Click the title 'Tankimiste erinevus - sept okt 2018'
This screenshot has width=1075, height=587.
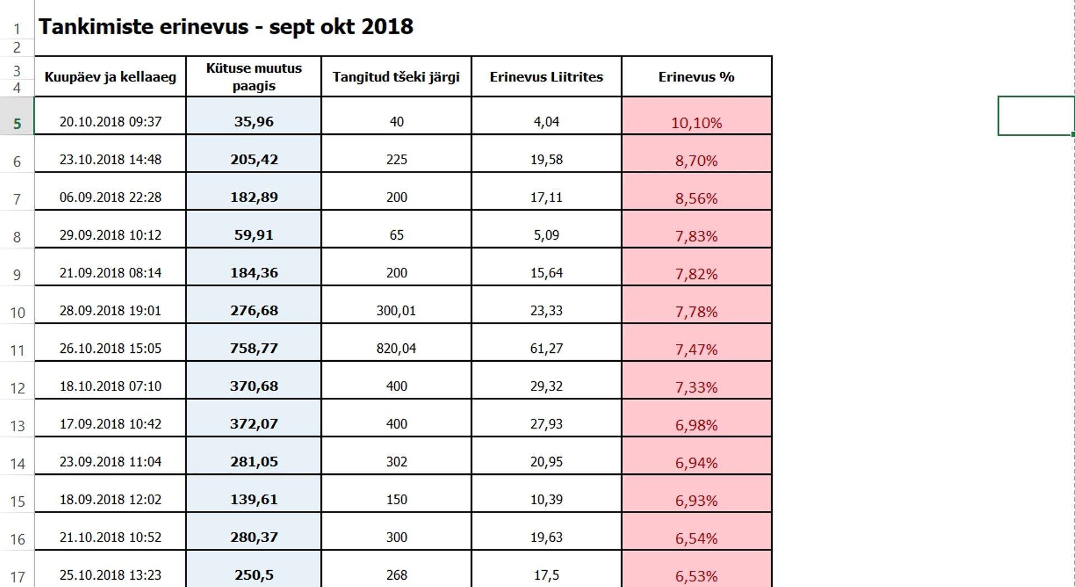point(226,26)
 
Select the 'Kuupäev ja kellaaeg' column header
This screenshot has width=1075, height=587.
point(110,77)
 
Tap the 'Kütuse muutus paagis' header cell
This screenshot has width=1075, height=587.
point(254,77)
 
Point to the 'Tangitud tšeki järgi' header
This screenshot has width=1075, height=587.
point(396,77)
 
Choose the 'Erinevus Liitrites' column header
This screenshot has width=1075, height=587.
point(546,77)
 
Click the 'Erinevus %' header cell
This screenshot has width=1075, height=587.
point(696,77)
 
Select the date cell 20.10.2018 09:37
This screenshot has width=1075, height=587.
point(110,122)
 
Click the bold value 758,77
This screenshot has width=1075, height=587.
point(254,348)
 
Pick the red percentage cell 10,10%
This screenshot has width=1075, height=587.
point(696,123)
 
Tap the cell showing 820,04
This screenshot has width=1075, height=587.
point(396,348)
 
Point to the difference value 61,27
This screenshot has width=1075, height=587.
point(546,348)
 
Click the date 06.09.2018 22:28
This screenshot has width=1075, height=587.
point(110,197)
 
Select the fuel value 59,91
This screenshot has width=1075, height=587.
point(254,235)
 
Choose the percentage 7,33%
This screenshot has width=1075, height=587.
point(696,387)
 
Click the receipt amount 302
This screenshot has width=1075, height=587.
point(396,462)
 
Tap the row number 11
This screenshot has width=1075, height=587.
point(17,351)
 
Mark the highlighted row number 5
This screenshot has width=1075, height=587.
point(17,123)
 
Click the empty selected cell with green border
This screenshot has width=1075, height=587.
point(1035,115)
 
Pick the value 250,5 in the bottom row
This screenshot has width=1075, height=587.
point(254,575)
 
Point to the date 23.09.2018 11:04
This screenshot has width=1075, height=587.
point(110,462)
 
